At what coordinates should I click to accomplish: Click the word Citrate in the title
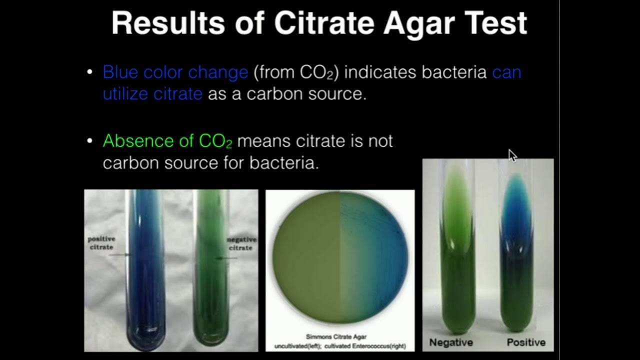pos(324,23)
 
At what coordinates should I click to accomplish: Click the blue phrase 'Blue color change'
pos(175,72)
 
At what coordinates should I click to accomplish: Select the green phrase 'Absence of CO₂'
pos(167,141)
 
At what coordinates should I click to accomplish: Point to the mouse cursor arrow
pos(512,155)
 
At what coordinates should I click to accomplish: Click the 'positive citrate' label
pos(101,243)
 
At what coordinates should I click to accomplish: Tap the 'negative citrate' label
pos(241,243)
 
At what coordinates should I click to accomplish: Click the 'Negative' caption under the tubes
pos(451,342)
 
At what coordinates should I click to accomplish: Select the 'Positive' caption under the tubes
pos(526,342)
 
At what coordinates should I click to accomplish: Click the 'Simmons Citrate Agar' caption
pos(336,337)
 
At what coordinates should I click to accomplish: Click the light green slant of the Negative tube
pos(457,208)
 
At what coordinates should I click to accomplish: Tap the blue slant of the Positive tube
pos(516,211)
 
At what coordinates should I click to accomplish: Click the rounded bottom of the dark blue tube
pos(146,337)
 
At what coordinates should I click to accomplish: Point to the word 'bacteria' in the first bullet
pos(454,72)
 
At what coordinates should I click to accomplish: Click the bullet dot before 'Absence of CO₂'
pos(89,141)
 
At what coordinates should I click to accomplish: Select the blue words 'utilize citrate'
pos(152,93)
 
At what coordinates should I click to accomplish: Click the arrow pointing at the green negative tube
pos(226,258)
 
